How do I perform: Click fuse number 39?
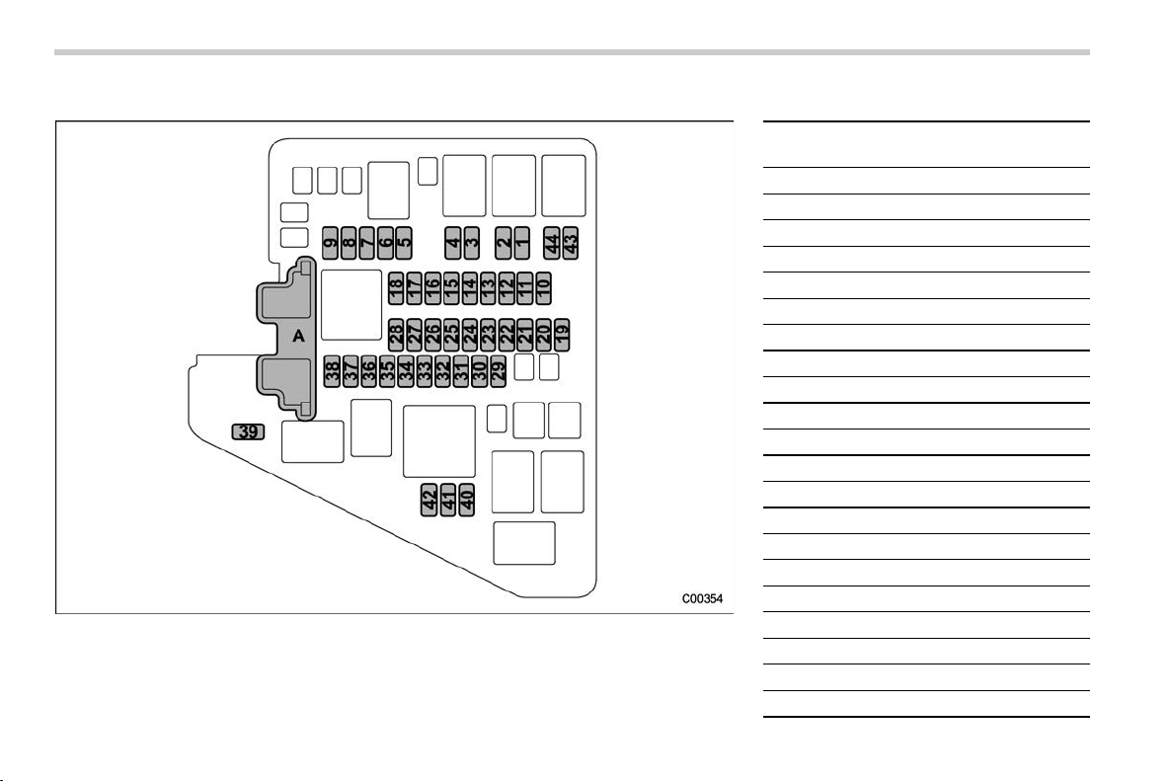pos(249,431)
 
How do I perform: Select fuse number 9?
pos(331,242)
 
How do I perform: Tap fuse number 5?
pos(404,242)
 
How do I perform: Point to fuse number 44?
pos(552,242)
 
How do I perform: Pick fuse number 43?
pos(571,242)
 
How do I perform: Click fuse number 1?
pos(522,242)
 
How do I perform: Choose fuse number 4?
pos(452,242)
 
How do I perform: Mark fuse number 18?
pos(396,288)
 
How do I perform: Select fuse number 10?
pos(544,288)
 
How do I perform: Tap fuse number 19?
pos(563,334)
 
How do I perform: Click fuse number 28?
pos(396,334)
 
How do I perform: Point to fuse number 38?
pos(332,371)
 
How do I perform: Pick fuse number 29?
pos(499,371)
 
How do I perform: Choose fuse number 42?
pos(430,500)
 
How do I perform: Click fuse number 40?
pos(467,500)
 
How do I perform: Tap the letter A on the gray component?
pos(298,337)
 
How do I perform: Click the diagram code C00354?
pos(702,598)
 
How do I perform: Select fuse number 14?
pos(470,288)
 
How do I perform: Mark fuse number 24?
pos(470,334)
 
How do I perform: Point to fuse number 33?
pos(425,371)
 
